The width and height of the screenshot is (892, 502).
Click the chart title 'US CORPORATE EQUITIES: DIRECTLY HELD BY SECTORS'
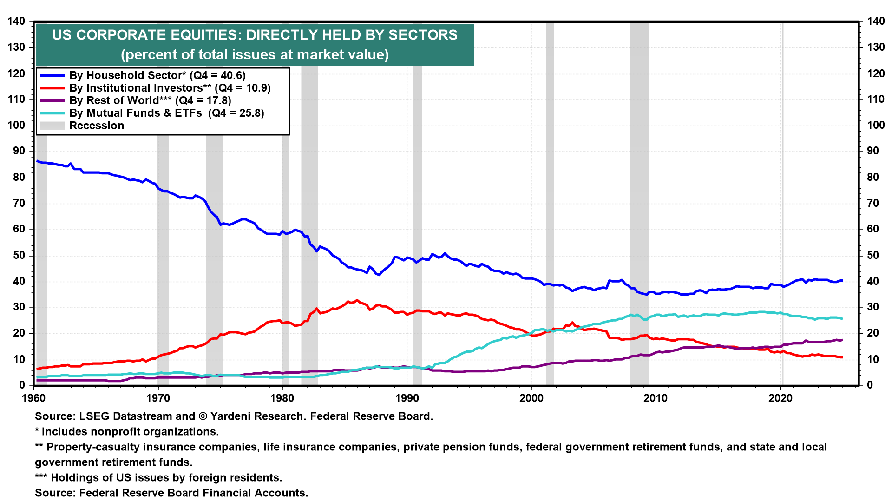click(255, 35)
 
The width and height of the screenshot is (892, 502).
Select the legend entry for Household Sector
click(157, 75)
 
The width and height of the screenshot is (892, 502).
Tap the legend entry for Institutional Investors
click(170, 88)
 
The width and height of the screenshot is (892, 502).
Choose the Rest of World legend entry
click(150, 100)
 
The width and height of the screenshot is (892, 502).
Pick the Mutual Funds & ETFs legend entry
click(166, 113)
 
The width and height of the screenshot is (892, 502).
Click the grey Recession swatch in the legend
click(52, 125)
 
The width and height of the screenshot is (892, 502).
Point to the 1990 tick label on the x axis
click(407, 398)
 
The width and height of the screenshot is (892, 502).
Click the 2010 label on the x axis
click(656, 398)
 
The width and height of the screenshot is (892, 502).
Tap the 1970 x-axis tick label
click(158, 398)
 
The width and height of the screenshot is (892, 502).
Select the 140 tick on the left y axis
click(16, 21)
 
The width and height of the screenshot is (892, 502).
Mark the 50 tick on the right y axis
click(873, 255)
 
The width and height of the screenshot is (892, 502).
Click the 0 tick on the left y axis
click(22, 385)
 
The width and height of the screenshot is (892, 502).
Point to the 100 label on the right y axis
click(876, 125)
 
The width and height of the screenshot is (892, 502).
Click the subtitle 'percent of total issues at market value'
click(255, 54)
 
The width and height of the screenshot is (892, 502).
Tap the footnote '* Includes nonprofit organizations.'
click(127, 431)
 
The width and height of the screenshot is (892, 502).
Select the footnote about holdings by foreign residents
click(158, 477)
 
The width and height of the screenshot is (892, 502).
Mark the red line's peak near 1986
click(357, 300)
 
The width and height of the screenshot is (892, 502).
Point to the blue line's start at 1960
click(37, 161)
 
